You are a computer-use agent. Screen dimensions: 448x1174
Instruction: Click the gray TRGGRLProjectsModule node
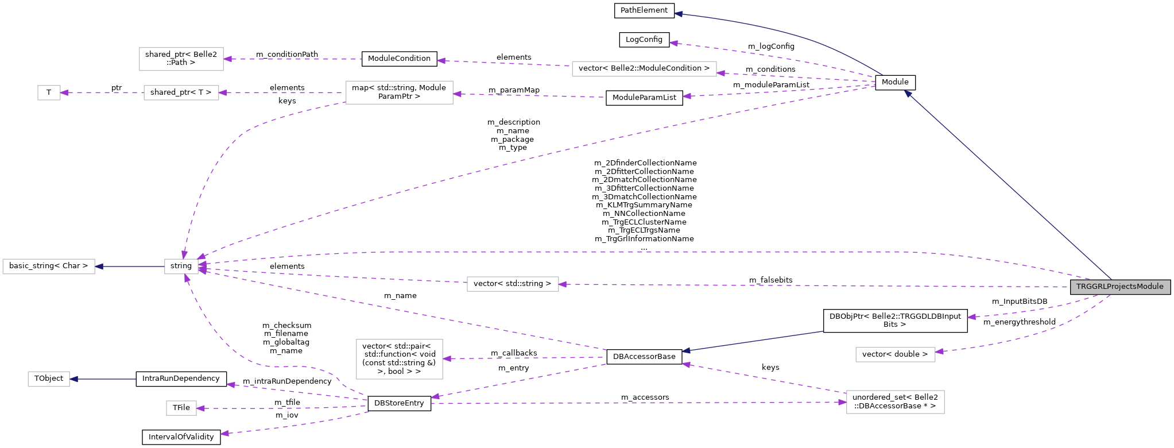tap(1119, 287)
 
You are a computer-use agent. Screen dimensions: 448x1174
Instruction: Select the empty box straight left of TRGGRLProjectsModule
tap(513, 284)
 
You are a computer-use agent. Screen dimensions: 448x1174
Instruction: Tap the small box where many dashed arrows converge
tap(181, 267)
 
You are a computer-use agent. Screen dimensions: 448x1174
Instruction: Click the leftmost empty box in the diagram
tap(49, 267)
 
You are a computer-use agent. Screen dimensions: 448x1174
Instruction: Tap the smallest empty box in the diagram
tap(49, 92)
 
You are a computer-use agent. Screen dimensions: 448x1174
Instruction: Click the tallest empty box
tap(399, 359)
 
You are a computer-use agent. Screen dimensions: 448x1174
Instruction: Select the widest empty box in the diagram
tap(644, 69)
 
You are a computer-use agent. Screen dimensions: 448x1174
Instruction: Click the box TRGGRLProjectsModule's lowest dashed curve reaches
tap(895, 354)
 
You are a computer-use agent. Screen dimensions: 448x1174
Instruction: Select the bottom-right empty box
tap(895, 401)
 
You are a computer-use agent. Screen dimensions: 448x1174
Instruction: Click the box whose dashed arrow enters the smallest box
tap(181, 92)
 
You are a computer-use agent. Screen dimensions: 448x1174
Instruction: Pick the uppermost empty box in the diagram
tap(181, 59)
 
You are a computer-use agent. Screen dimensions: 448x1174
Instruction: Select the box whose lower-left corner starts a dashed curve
tap(399, 92)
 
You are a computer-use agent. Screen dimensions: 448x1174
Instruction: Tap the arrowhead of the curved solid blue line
tap(678, 14)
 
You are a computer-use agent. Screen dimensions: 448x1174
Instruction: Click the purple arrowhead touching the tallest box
tap(447, 359)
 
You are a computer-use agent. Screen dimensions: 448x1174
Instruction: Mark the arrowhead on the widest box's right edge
tap(720, 73)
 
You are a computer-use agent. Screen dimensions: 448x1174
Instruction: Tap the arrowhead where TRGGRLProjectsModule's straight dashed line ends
tap(563, 284)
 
